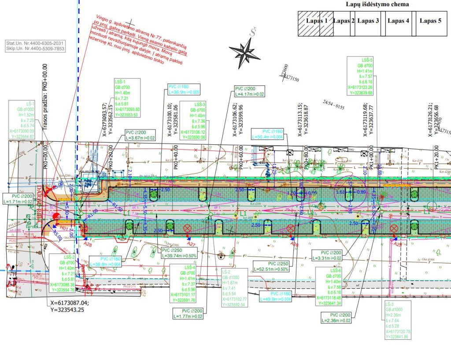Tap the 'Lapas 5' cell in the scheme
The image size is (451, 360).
pos(430,21)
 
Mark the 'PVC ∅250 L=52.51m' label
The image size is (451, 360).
pos(270,266)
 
